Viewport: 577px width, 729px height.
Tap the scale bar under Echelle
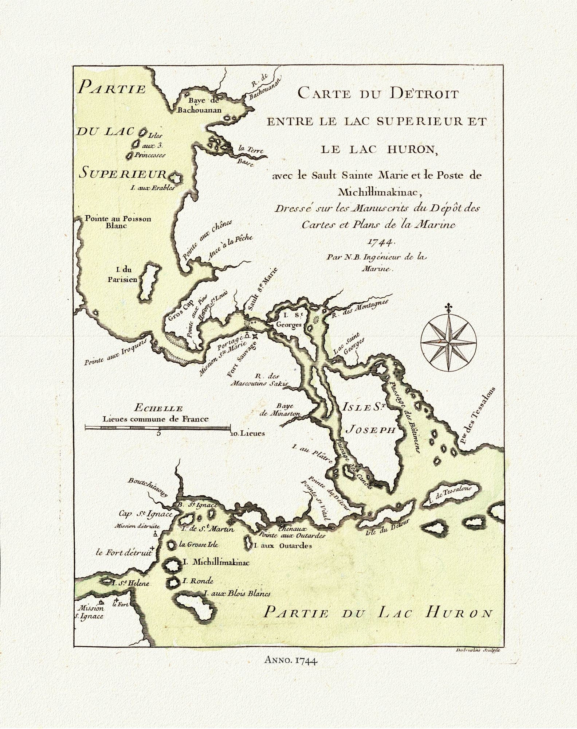pos(157,427)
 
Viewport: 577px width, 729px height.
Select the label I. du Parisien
pos(126,274)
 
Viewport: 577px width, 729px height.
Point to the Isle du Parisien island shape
pos(149,283)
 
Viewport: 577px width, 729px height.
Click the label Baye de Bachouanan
pos(199,105)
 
